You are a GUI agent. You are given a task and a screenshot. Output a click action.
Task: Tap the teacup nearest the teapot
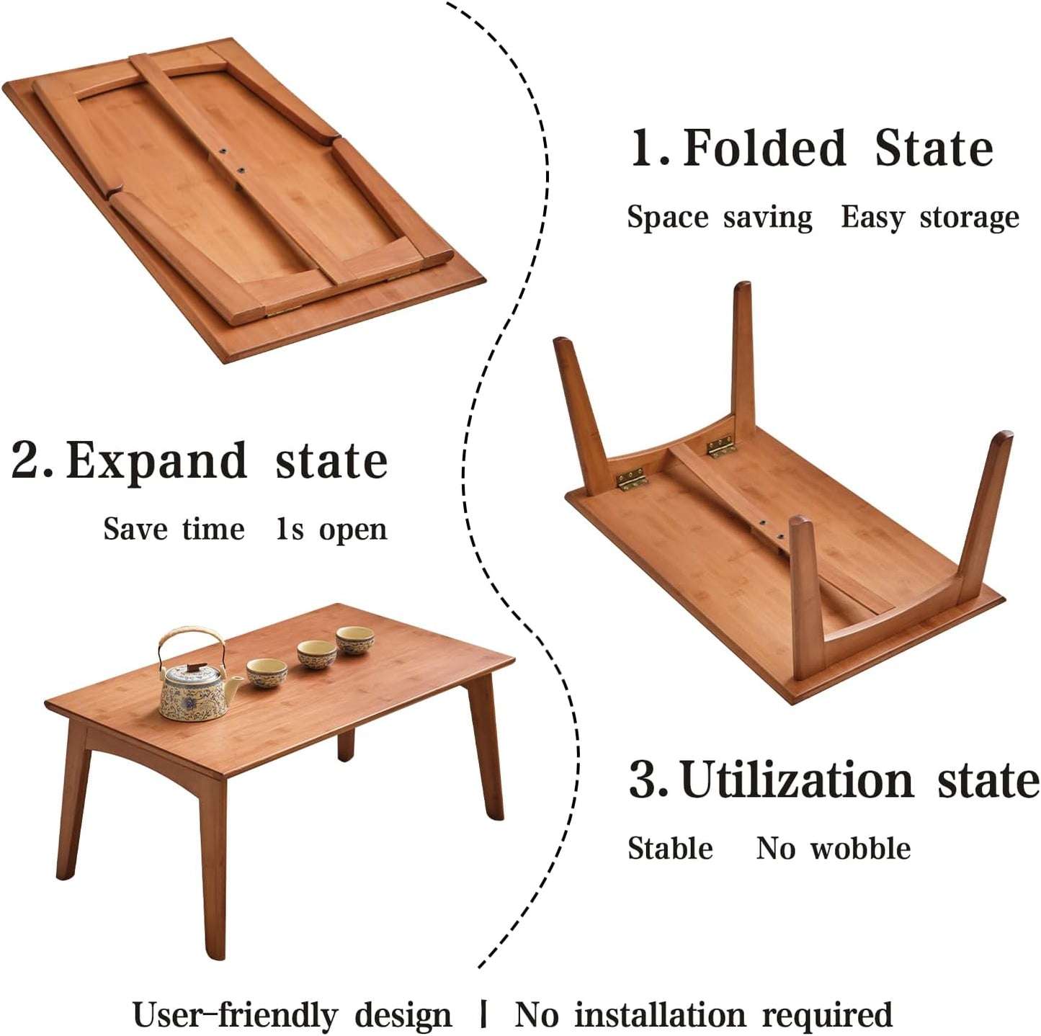[x=267, y=673]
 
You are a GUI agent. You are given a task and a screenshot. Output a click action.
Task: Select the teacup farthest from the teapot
[x=355, y=639]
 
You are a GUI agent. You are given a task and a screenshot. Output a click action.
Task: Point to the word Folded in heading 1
[x=764, y=148]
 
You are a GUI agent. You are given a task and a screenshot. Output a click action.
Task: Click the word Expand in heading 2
[x=156, y=461]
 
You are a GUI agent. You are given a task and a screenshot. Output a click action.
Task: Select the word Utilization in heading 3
[x=797, y=780]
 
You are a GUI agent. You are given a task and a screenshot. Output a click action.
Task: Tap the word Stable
[x=670, y=849]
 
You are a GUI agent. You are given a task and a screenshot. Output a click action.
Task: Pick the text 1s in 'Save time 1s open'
[x=290, y=530]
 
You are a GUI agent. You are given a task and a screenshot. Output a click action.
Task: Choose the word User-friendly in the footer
[x=234, y=1015]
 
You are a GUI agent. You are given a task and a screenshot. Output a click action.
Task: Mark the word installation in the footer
[x=659, y=1015]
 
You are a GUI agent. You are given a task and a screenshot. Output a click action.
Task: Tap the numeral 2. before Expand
[x=31, y=461]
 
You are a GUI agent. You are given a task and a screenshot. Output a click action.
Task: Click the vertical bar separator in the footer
[x=483, y=1015]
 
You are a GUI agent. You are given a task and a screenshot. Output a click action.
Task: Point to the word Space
[x=667, y=218]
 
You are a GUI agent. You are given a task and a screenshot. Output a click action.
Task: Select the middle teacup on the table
[x=317, y=654]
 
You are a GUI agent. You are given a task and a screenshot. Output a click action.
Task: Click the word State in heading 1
[x=934, y=148]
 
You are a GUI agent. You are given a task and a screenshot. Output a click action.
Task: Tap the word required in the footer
[x=827, y=1015]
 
